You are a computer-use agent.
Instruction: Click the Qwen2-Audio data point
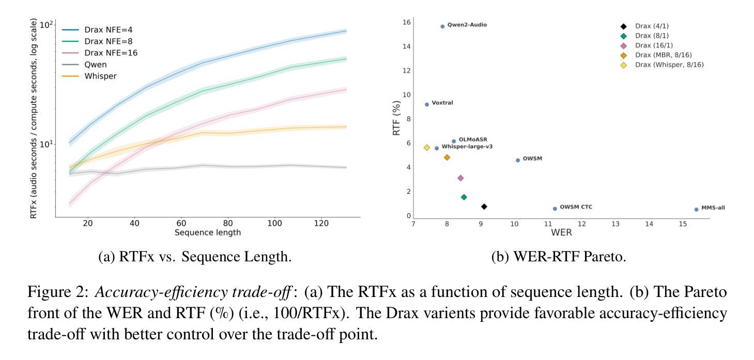tap(442, 26)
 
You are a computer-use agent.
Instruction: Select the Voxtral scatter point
tap(427, 104)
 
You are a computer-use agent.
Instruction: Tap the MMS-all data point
tap(696, 209)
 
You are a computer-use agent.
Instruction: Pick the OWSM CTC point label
tap(576, 207)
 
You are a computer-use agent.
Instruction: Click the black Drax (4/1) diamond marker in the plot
tap(484, 207)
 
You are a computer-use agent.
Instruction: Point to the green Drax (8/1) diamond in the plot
tap(464, 197)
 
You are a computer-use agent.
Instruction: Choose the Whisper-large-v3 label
tap(467, 147)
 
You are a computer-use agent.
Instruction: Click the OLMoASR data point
tap(454, 142)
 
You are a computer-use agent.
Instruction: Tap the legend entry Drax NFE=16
tap(111, 53)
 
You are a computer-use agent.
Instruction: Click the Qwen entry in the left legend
tap(96, 65)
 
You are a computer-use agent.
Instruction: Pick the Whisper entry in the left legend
tap(100, 76)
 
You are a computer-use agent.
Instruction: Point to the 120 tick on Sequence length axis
tap(321, 224)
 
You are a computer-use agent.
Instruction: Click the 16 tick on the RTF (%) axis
tap(407, 22)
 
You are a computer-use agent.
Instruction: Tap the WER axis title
tap(561, 232)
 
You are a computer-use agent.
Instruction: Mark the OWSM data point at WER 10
tap(518, 160)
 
